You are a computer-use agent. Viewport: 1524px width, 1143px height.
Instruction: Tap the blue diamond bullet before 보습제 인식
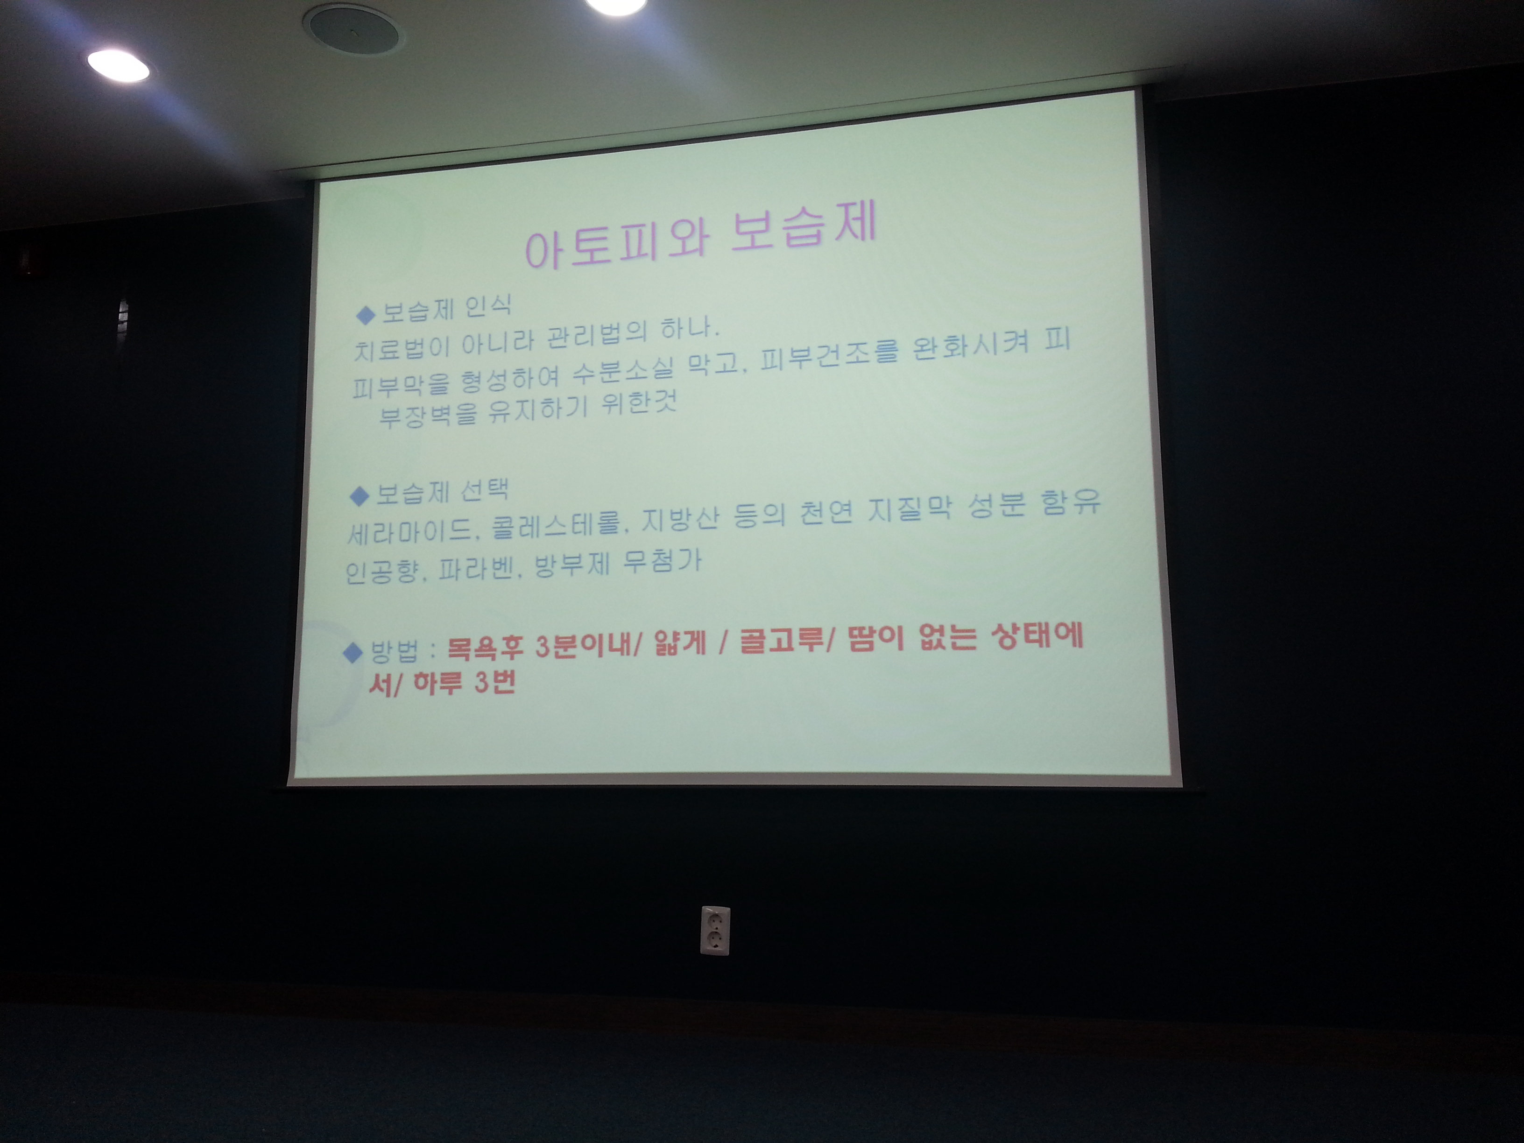(x=365, y=316)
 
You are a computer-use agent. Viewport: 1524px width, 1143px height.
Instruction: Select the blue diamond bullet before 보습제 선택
(x=360, y=495)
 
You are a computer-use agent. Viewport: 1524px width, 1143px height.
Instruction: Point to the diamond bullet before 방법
(x=353, y=652)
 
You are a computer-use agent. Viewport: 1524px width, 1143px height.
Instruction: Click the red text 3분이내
(x=582, y=646)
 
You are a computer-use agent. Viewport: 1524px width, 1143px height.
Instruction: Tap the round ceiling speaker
(x=352, y=27)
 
